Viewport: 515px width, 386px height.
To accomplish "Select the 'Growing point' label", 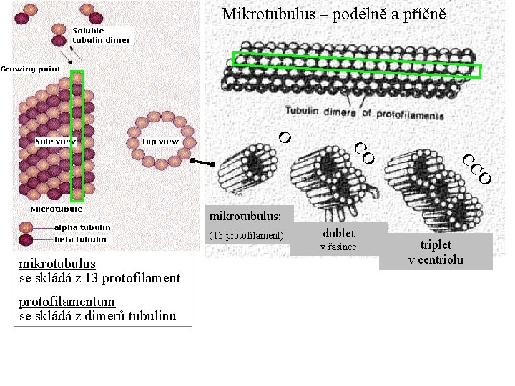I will [29, 69].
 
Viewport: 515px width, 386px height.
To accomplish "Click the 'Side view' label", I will [56, 142].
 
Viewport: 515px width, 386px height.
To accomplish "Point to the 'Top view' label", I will [160, 142].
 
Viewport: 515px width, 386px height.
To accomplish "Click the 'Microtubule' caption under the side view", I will [56, 209].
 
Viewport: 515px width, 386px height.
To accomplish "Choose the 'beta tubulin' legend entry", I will [81, 239].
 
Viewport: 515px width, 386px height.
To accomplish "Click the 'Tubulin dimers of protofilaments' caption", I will [365, 113].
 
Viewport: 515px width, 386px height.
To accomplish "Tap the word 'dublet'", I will [338, 233].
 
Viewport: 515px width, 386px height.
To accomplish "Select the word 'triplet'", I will [436, 244].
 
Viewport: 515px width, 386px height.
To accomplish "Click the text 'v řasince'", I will [338, 247].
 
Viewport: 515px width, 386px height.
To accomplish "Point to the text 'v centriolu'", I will [436, 259].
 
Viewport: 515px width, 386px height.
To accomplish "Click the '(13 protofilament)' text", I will [246, 235].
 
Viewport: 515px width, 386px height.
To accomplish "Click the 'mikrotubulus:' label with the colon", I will [245, 214].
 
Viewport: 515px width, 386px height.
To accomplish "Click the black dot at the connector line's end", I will [193, 162].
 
